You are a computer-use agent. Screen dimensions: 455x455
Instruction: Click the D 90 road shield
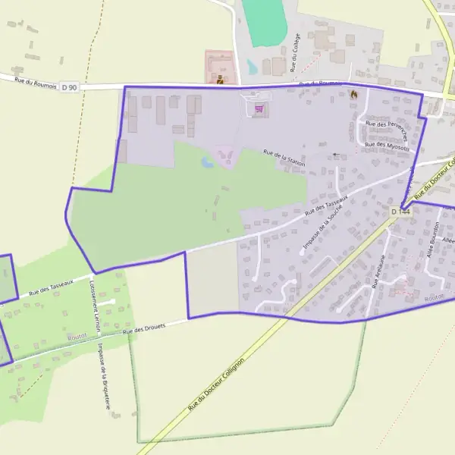[68, 88]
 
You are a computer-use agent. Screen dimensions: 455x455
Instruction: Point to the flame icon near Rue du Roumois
[353, 94]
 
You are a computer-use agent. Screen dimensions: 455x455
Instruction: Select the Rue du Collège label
[295, 52]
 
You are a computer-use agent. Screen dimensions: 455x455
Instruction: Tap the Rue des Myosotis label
[387, 146]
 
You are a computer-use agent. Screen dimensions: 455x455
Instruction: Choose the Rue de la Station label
[284, 158]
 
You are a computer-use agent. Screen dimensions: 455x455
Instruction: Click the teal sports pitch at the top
[264, 21]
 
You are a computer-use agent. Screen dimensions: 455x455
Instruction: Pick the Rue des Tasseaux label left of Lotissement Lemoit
[50, 286]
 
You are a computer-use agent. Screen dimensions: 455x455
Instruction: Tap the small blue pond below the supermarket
[207, 162]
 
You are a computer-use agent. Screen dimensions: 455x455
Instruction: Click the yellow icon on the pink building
[220, 79]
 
